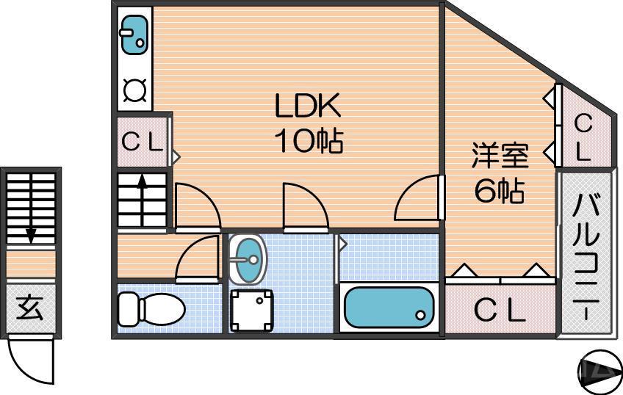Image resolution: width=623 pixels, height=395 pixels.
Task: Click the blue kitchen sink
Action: [x=134, y=35]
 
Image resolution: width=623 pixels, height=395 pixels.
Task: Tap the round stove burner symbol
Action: [x=135, y=91]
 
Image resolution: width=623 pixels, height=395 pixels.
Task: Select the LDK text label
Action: [x=308, y=108]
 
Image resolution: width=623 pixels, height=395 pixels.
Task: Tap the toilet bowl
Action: [x=152, y=308]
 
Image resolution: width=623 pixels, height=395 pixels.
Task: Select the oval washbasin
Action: [x=248, y=259]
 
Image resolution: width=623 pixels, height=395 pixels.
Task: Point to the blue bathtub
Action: [x=388, y=307]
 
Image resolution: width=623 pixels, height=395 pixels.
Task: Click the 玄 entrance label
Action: [x=29, y=308]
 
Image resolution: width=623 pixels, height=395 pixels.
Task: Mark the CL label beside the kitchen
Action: [x=142, y=142]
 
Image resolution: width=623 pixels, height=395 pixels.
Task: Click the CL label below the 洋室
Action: [x=500, y=311]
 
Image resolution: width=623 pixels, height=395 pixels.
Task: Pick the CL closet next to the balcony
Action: [x=583, y=137]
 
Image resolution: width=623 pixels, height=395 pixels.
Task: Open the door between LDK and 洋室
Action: [x=419, y=198]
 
